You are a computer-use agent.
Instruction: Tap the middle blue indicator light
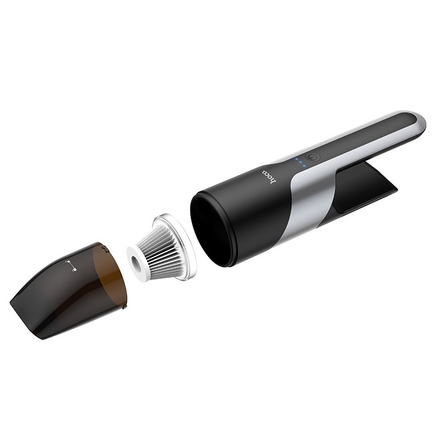tap(299, 162)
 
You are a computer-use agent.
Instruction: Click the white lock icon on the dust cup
tap(69, 266)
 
